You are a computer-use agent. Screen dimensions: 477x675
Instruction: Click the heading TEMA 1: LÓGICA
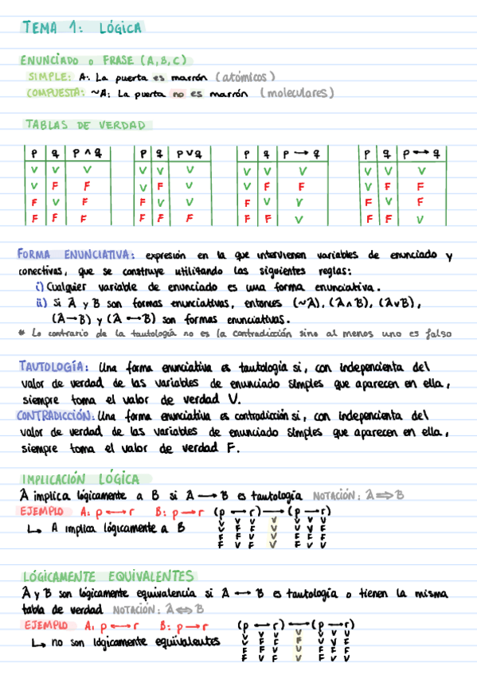[x=83, y=28]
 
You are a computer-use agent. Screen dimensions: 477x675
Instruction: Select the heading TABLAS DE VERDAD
[x=86, y=125]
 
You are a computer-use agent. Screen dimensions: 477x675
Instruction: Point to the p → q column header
[x=303, y=154]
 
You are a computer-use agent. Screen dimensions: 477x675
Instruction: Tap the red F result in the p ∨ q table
[x=189, y=217]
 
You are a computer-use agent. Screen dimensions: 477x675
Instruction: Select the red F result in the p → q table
[x=301, y=186]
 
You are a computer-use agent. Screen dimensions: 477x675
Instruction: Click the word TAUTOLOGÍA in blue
[x=53, y=367]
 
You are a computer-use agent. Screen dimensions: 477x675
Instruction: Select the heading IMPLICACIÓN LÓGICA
[x=82, y=479]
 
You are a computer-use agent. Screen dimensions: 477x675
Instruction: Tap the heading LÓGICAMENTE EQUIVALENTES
[x=108, y=576]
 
